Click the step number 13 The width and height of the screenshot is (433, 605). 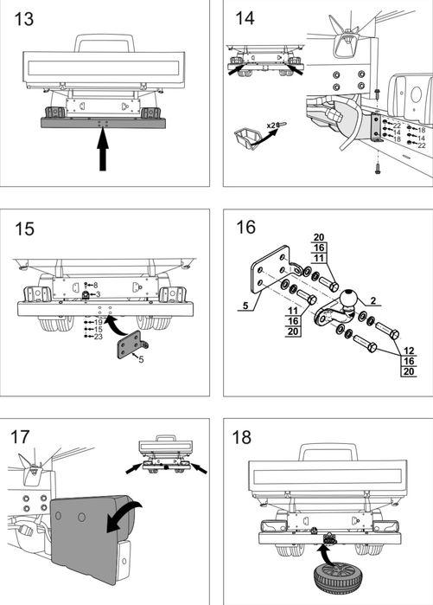[x=23, y=19]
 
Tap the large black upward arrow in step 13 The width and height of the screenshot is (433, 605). [x=103, y=150]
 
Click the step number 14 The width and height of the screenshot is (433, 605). [x=245, y=18]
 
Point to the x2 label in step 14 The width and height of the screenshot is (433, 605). [x=271, y=126]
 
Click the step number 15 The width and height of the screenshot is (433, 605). [x=24, y=228]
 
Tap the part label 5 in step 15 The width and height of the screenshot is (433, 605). [x=142, y=359]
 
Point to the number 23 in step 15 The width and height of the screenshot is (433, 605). [x=99, y=337]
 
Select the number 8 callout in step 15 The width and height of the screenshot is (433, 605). [x=96, y=286]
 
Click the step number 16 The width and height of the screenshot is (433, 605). [x=245, y=228]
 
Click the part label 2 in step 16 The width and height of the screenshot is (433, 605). [x=373, y=300]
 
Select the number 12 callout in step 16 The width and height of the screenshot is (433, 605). [x=409, y=351]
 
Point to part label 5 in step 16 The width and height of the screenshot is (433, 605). [x=245, y=306]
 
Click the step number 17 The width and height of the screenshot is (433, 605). [x=20, y=437]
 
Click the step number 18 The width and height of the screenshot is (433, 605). [x=241, y=437]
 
